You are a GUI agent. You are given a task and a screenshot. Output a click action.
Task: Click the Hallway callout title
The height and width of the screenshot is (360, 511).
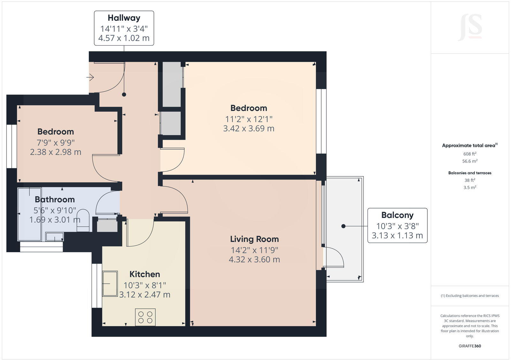click(124, 18)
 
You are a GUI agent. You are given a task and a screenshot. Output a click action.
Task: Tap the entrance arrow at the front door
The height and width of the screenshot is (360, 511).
click(90, 77)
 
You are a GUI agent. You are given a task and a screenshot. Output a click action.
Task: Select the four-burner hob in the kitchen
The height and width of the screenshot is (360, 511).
click(145, 317)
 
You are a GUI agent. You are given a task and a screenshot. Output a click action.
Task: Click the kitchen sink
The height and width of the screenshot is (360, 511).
click(110, 283)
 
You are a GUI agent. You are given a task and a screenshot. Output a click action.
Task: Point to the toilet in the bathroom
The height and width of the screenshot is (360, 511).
click(83, 220)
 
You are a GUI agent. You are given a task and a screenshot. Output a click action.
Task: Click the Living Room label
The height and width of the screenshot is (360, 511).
click(254, 239)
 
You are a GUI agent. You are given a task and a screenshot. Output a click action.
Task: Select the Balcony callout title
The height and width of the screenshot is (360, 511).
click(397, 215)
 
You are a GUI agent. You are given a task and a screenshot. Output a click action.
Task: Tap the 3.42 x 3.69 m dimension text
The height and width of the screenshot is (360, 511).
click(248, 128)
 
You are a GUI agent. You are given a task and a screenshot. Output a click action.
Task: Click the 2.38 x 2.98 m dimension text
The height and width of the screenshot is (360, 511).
click(56, 152)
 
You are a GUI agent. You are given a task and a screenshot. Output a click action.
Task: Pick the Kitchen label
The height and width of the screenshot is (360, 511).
click(145, 274)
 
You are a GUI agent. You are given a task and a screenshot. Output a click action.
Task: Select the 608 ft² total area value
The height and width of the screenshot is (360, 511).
click(469, 154)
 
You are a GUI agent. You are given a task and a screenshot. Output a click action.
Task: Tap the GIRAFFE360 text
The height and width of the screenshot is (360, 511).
click(469, 346)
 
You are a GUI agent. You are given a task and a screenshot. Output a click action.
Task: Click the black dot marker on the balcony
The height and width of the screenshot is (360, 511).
click(343, 226)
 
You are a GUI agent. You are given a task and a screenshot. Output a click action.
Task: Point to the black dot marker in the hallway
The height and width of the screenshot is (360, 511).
click(124, 94)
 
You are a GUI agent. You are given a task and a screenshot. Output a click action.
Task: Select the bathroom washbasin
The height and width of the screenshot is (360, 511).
click(55, 237)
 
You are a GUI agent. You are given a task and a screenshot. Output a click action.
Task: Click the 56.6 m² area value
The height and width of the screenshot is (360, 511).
click(469, 161)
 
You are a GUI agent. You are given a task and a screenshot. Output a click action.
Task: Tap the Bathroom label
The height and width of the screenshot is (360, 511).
click(55, 199)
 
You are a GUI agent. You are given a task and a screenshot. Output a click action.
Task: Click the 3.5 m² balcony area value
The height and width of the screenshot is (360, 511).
click(469, 188)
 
